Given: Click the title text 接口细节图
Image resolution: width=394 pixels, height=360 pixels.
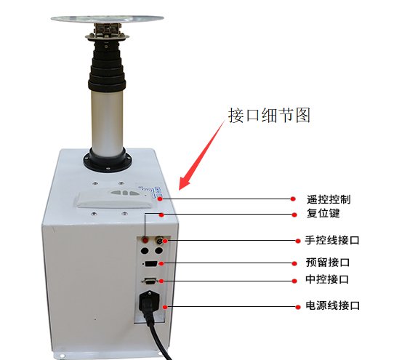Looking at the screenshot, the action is pos(269,116).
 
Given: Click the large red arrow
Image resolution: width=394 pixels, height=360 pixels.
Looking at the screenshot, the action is pos(202,156).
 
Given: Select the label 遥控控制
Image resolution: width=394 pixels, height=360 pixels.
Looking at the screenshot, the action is pos(329,199).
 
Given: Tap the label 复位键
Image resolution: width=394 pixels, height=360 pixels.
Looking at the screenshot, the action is pos(323,213).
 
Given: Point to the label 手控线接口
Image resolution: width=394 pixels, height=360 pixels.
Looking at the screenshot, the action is pos(332,240).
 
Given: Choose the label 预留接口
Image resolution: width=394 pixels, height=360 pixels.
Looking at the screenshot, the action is pos(328,263).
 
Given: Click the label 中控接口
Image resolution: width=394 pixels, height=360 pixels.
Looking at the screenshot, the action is pos(327,279).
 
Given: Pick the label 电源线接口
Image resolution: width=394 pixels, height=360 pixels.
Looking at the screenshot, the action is pos(332,305).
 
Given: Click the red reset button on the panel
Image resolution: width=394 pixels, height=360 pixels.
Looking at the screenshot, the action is pos(145,240).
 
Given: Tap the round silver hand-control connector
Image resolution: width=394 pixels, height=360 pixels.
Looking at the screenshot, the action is pos(159,240).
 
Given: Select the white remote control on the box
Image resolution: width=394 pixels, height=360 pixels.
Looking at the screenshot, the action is pos(113,199).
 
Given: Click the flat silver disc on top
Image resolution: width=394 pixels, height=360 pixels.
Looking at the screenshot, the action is pos(108,19).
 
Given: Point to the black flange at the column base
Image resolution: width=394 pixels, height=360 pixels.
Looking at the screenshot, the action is pos(108,161).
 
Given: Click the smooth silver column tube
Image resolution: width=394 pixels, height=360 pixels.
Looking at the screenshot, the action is pos(108,120).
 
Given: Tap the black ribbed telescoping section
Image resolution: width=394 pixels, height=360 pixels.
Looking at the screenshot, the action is pos(107,67).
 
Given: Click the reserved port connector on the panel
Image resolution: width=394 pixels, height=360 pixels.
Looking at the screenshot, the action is pos(151,264).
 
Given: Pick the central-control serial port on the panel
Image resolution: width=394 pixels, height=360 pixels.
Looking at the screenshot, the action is pos(150,281).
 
